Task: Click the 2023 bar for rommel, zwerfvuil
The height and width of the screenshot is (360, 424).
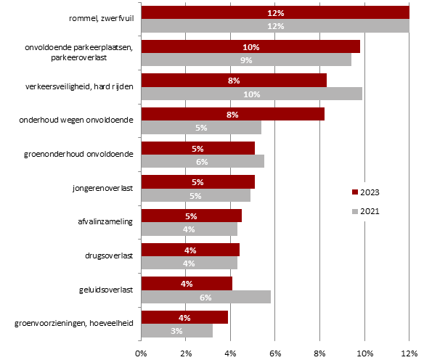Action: [x=275, y=12]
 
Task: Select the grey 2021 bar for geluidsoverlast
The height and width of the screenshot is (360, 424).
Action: [x=206, y=297]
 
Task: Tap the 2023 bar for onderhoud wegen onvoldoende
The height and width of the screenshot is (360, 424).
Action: [x=233, y=114]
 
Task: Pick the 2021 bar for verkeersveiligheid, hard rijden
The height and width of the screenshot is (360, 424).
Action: [x=252, y=94]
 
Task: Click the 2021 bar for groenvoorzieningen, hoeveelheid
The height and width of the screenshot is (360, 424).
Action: [x=177, y=330]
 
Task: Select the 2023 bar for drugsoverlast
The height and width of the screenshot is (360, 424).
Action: [x=190, y=250]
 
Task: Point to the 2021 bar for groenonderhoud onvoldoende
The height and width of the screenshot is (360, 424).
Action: [x=203, y=161]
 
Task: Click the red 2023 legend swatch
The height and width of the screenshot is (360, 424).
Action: [x=355, y=192]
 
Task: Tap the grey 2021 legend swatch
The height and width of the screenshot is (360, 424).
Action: [x=355, y=211]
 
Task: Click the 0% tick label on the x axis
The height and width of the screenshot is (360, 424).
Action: [x=141, y=353]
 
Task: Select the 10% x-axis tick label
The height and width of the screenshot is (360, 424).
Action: [x=365, y=353]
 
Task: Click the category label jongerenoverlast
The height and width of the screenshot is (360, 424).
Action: [x=102, y=188]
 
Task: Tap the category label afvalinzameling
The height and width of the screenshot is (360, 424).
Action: [x=105, y=222]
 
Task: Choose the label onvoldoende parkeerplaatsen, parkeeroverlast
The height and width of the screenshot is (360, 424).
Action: [x=78, y=52]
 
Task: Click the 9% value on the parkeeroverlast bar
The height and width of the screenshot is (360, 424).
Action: [x=246, y=60]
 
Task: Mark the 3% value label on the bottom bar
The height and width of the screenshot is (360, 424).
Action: [x=176, y=331]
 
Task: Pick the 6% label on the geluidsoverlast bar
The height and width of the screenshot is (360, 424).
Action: [x=205, y=298]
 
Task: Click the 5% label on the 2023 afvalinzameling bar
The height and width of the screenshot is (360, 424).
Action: [x=191, y=216]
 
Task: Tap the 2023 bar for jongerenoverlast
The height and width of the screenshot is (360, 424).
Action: [x=198, y=181]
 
